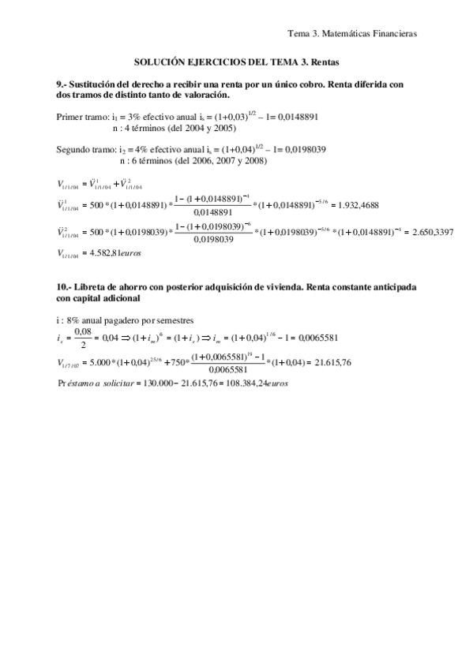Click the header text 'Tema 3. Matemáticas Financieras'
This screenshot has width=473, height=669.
(x=352, y=33)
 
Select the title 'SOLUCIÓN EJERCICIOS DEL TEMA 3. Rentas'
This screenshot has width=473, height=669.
(x=236, y=61)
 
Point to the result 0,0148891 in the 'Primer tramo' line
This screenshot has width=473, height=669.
(x=294, y=115)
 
